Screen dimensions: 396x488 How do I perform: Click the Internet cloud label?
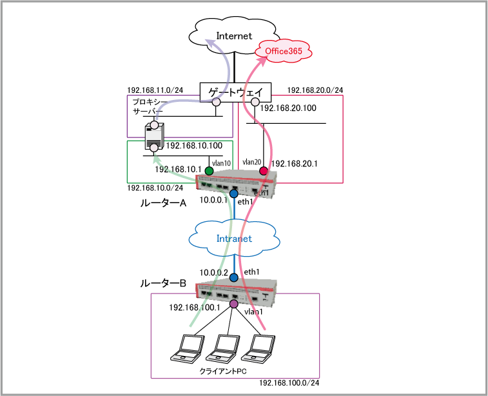tap(234, 36)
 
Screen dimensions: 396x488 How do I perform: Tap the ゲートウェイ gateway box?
tap(235, 92)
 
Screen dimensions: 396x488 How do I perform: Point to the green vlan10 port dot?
tap(209, 171)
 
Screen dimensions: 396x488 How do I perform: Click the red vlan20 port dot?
tap(263, 171)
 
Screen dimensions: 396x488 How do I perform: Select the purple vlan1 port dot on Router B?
tap(234, 304)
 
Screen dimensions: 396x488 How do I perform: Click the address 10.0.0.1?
tap(214, 201)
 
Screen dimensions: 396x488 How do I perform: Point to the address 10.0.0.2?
tap(213, 273)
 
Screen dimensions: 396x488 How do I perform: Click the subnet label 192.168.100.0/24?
tap(289, 384)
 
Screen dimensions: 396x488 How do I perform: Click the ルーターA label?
tap(163, 203)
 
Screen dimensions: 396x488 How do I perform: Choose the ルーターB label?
tap(163, 283)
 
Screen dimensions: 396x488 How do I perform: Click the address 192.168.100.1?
tap(195, 308)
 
